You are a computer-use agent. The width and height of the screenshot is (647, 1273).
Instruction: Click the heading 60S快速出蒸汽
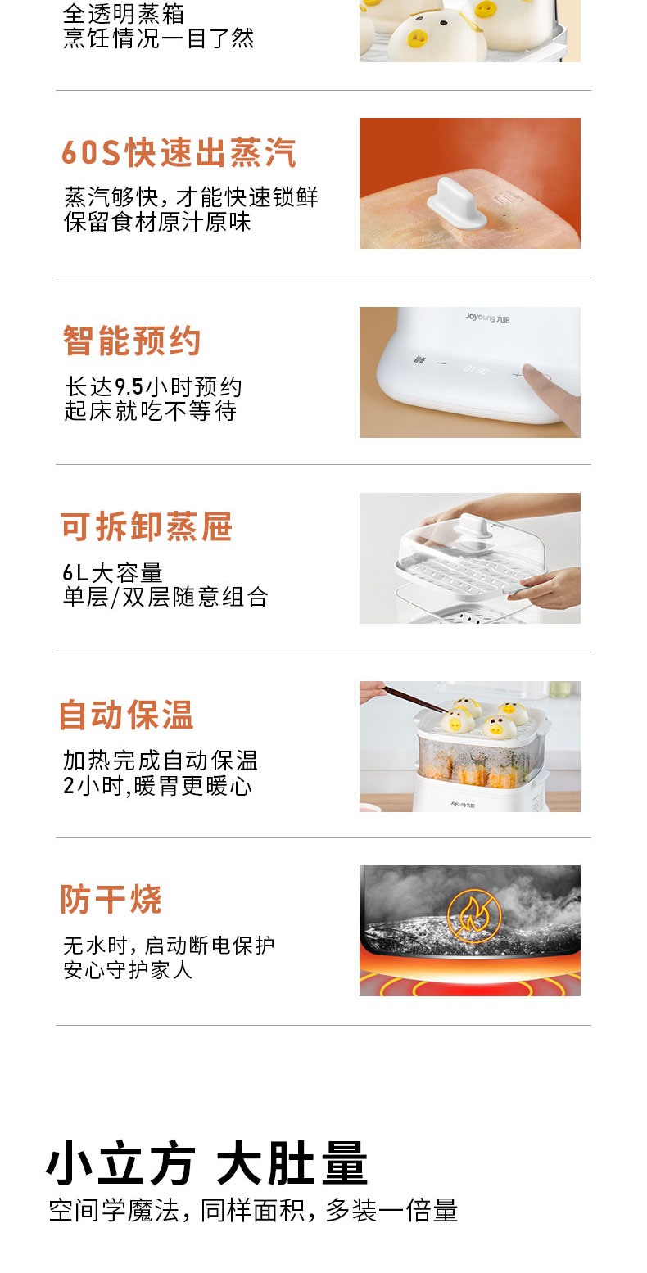click(179, 152)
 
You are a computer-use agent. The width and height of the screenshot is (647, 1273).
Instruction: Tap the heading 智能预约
click(132, 341)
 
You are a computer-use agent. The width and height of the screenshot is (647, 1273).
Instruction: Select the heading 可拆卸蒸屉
click(147, 526)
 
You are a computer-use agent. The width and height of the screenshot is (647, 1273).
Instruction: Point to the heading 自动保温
click(126, 715)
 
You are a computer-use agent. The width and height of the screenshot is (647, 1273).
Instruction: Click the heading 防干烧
click(111, 899)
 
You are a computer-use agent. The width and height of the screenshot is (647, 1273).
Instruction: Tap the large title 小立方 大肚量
click(207, 1162)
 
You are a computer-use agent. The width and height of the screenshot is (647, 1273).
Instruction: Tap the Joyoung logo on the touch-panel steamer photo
click(487, 318)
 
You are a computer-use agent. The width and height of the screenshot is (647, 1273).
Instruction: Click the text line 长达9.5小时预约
click(153, 387)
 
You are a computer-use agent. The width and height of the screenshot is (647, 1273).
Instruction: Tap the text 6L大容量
click(112, 573)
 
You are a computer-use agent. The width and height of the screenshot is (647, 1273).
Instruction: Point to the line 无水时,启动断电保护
click(169, 946)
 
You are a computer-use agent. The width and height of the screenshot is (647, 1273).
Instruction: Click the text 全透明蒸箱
click(124, 14)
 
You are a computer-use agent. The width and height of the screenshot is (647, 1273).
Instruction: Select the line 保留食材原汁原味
click(157, 222)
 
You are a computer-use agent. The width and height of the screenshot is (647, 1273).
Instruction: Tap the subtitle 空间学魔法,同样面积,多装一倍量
click(253, 1211)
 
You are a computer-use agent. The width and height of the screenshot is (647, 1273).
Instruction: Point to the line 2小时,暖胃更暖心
click(157, 786)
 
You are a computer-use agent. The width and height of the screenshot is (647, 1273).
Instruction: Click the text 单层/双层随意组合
click(165, 598)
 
